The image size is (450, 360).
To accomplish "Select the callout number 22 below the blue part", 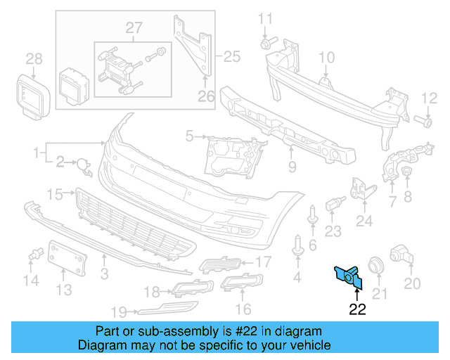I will click(x=357, y=307).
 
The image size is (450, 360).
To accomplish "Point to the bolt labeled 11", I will click(x=265, y=44).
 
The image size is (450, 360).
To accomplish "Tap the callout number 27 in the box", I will click(x=134, y=27).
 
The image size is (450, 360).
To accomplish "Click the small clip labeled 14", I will click(x=33, y=256).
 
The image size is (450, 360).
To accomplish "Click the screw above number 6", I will click(x=313, y=216).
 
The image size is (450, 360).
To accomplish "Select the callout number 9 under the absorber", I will click(x=292, y=167).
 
